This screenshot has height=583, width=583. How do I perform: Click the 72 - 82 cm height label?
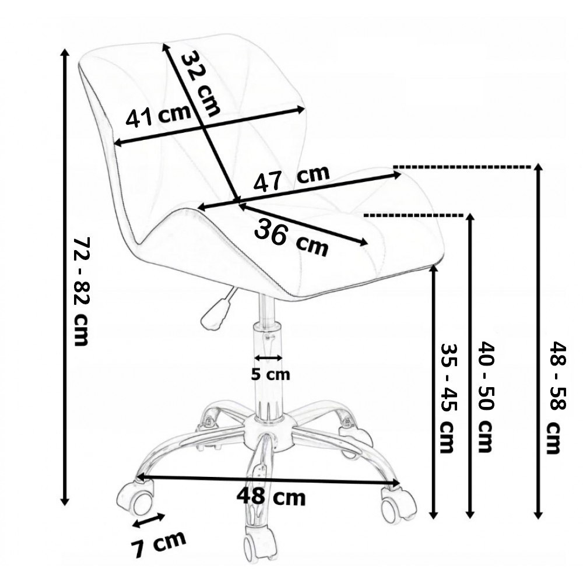(81, 291)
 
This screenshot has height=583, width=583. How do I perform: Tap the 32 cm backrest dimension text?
(201, 82)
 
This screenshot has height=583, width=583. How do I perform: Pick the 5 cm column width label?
(270, 374)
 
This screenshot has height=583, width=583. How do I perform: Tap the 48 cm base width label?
(271, 497)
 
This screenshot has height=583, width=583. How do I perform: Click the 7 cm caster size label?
(157, 543)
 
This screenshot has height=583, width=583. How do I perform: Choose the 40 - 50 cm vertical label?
(485, 396)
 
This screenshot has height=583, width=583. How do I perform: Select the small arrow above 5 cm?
(269, 357)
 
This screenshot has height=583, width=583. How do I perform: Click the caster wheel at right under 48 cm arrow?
(398, 505)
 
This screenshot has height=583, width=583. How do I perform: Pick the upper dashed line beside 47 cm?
(463, 167)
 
